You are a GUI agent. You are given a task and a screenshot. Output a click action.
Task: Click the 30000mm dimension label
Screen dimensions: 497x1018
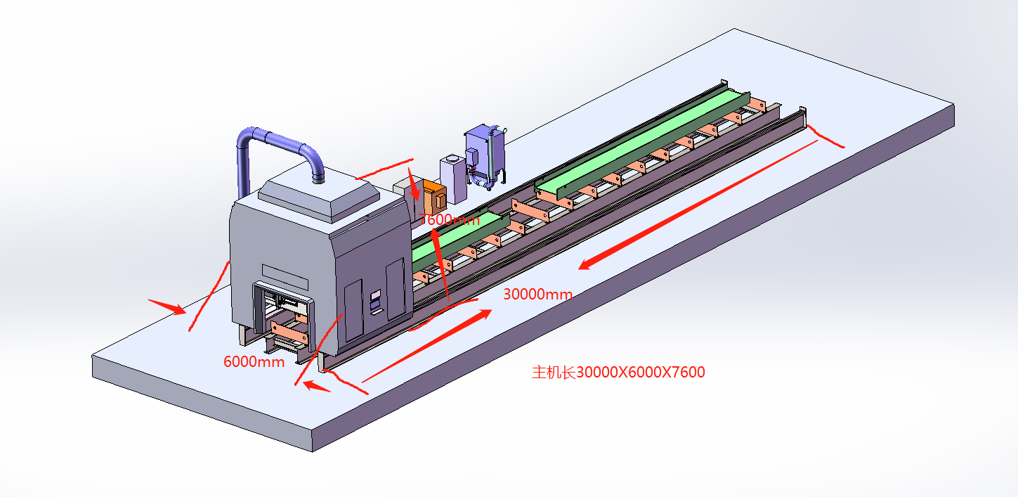pyautogui.click(x=537, y=294)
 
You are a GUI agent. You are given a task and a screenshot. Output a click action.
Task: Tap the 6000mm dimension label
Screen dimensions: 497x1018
pyautogui.click(x=254, y=362)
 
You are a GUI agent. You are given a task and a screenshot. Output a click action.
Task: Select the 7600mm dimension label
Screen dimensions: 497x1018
pyautogui.click(x=450, y=219)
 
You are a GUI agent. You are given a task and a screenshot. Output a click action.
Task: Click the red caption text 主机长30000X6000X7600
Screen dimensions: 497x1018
pyautogui.click(x=618, y=373)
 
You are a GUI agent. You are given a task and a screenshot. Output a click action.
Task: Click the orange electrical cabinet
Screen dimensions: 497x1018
pyautogui.click(x=433, y=196)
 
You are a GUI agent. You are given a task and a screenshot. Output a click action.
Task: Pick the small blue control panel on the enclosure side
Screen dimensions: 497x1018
pyautogui.click(x=375, y=301)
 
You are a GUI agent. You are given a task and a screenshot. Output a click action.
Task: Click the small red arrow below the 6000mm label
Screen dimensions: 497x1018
pyautogui.click(x=315, y=386)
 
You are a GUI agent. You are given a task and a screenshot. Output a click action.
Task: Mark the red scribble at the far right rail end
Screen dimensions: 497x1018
pyautogui.click(x=826, y=136)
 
